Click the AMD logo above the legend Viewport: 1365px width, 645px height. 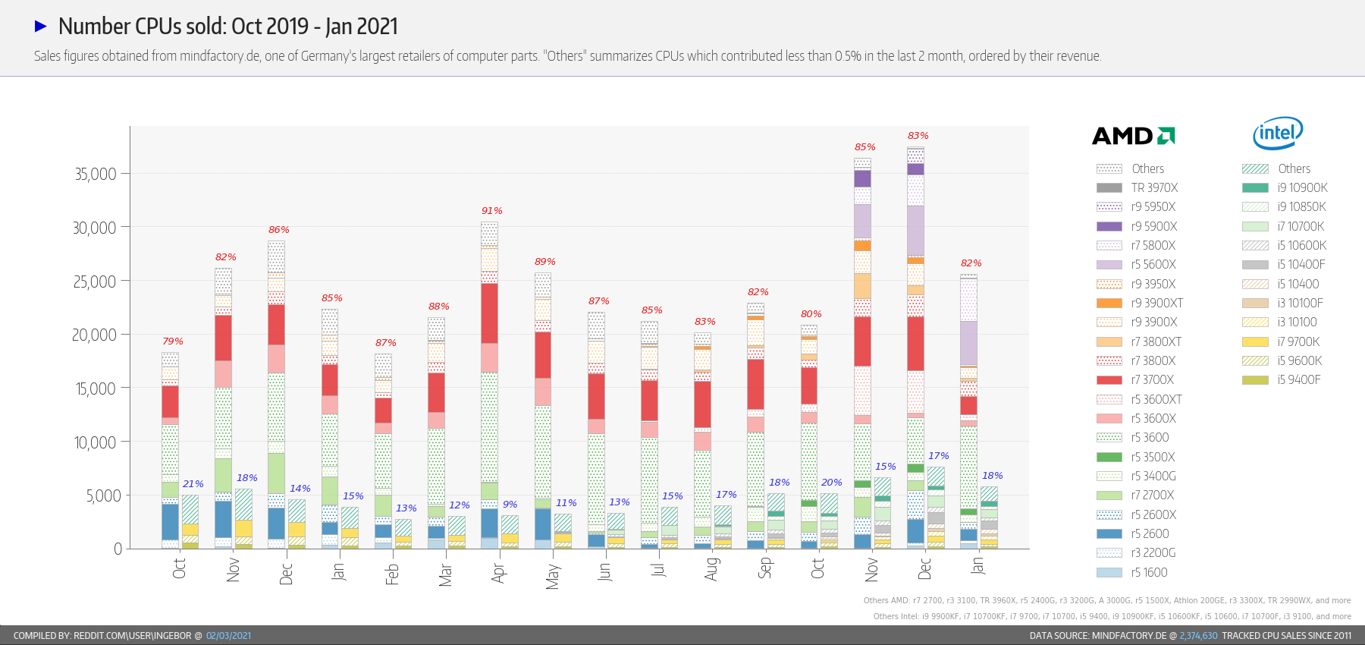point(1133,136)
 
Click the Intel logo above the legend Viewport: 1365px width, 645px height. point(1278,134)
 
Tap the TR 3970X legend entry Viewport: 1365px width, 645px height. point(1137,188)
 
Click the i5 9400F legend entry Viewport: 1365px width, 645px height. point(1282,380)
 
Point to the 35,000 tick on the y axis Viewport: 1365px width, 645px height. point(96,174)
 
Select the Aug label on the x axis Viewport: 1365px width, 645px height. point(711,569)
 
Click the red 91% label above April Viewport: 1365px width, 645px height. point(491,211)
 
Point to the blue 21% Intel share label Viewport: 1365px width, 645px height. point(193,484)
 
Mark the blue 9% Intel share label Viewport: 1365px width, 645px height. point(510,505)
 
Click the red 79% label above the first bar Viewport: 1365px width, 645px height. point(172,341)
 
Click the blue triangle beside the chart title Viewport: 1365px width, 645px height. point(41,27)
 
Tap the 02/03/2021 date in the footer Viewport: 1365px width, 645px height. point(228,636)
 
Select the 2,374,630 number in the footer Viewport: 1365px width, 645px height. point(1198,636)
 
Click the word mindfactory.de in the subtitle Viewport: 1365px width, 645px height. point(220,56)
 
